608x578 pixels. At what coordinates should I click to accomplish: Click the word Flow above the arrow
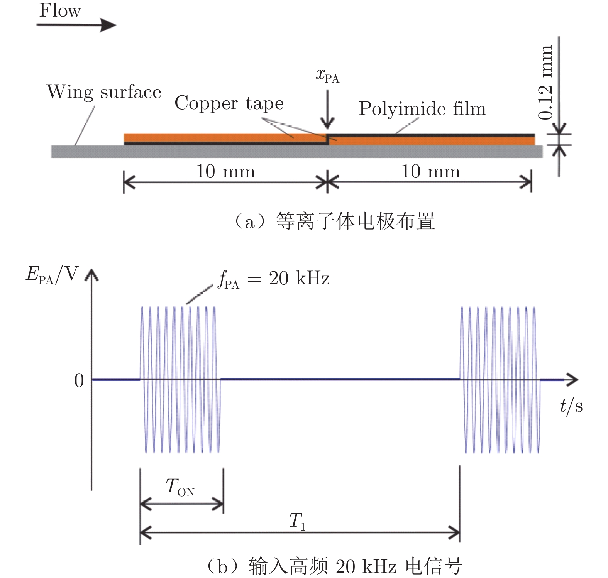pos(60,10)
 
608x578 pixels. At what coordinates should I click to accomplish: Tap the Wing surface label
pos(104,92)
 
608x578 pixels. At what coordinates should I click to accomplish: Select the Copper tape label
pos(229,103)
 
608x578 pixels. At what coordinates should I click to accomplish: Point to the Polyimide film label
pos(422,109)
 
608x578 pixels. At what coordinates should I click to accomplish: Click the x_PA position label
pos(327,75)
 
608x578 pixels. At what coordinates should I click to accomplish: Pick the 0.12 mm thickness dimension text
pos(545,82)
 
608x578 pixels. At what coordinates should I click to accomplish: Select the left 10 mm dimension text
pos(225,171)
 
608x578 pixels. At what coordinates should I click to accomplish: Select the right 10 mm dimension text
pos(430,171)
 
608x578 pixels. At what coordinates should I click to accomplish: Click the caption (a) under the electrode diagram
pos(334,221)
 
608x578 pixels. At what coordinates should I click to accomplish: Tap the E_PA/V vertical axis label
pos(52,275)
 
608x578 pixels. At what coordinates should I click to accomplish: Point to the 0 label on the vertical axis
pos(79,381)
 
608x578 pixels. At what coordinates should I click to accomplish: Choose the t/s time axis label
pos(571,406)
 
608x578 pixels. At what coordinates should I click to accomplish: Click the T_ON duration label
pos(180,487)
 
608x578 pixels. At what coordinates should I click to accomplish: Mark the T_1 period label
pos(297,521)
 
